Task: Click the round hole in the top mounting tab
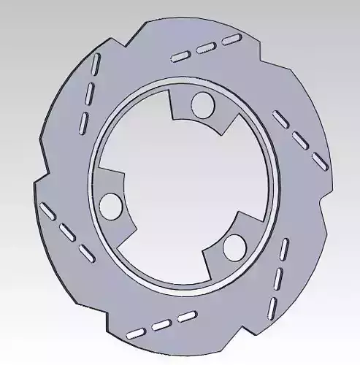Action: pyautogui.click(x=202, y=105)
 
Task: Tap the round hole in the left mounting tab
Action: pyautogui.click(x=111, y=205)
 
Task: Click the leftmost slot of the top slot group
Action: pyautogui.click(x=180, y=56)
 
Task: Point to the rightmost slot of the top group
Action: pyautogui.click(x=231, y=38)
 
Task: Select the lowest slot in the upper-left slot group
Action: pyautogui.click(x=83, y=121)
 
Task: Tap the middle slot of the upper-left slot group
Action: pyautogui.click(x=88, y=94)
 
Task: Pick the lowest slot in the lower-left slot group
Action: pyautogui.click(x=86, y=253)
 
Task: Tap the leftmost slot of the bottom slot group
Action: pyautogui.click(x=136, y=334)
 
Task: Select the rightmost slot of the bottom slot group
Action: pyautogui.click(x=187, y=316)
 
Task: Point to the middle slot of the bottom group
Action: pyautogui.click(x=161, y=325)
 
